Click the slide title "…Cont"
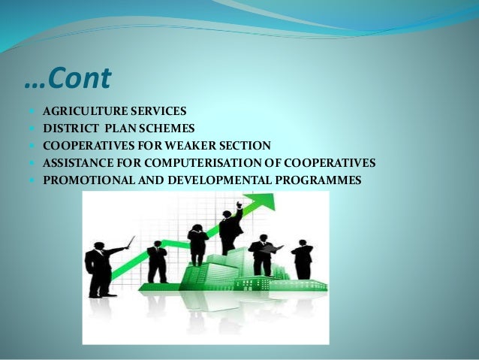click(68, 77)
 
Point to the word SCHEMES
click(166, 129)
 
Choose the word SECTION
click(243, 145)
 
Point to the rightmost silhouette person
click(303, 260)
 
